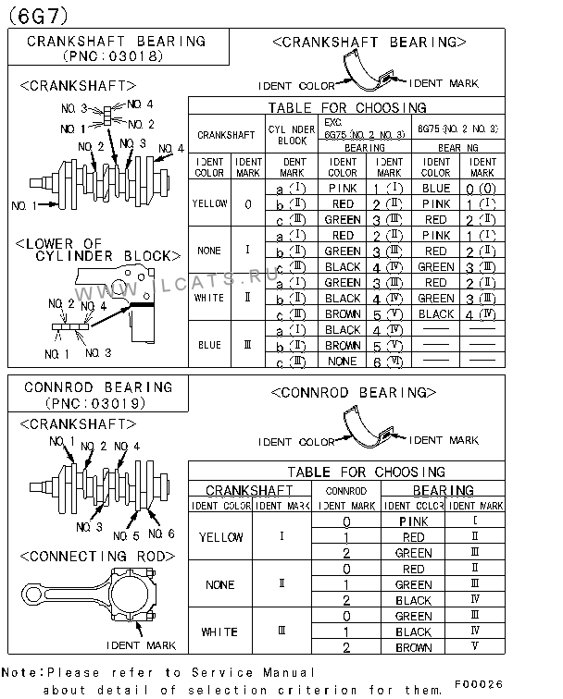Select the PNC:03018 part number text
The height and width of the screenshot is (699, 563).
[114, 55]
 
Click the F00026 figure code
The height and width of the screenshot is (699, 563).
[504, 684]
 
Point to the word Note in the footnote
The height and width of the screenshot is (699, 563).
[19, 672]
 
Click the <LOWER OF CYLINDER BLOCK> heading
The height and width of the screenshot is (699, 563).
[95, 250]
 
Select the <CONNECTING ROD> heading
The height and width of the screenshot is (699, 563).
[96, 556]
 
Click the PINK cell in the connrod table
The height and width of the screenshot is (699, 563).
[413, 521]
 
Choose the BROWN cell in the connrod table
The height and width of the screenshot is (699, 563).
[413, 648]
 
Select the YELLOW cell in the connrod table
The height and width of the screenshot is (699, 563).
[221, 537]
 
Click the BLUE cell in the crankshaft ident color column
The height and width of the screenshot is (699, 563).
[210, 345]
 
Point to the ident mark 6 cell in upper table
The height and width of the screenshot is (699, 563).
[390, 361]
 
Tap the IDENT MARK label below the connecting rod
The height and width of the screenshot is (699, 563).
[141, 644]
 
